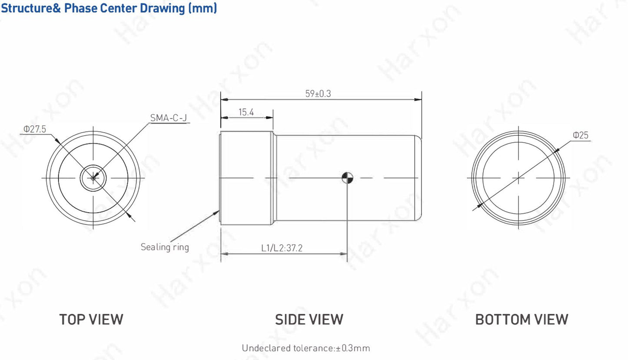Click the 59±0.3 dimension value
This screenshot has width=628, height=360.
point(318,93)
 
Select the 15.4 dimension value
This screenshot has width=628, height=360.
point(246,113)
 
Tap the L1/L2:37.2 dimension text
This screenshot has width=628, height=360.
point(282,248)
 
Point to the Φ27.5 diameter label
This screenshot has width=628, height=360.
point(34,129)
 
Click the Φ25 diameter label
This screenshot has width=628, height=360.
point(580,135)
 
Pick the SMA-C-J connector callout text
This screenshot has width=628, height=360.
point(169,118)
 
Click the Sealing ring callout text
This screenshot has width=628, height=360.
point(165,247)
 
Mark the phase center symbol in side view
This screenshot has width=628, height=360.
point(347,178)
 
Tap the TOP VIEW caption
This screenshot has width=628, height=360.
point(91,319)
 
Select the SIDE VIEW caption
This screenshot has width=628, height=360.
point(309,319)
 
